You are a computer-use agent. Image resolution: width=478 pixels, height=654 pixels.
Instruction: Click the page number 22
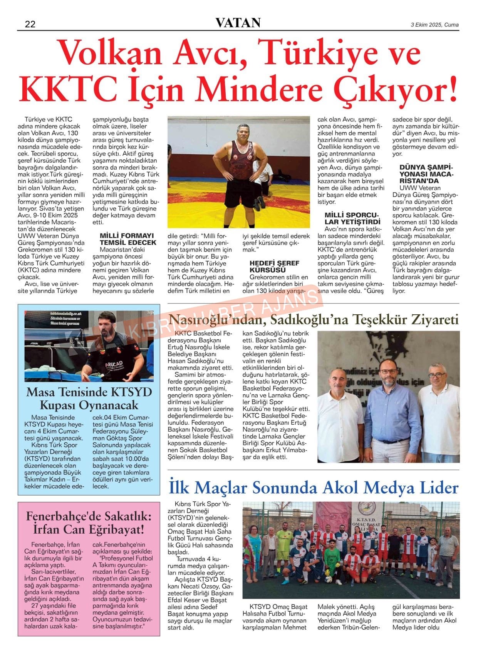click(30, 24)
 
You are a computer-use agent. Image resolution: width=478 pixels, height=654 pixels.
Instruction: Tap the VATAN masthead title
click(238, 23)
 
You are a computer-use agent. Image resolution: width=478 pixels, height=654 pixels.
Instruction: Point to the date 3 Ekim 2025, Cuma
click(434, 25)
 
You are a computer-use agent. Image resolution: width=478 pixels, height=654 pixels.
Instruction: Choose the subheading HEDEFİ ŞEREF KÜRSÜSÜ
click(274, 266)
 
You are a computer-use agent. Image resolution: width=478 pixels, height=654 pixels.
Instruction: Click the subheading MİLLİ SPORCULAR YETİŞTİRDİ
click(352, 218)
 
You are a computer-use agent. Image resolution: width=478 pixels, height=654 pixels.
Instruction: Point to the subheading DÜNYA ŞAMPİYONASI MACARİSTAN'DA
click(426, 174)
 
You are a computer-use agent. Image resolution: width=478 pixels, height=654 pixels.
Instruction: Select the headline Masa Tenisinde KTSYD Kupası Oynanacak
click(89, 399)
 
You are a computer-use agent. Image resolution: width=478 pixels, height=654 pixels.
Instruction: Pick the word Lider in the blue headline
click(437, 488)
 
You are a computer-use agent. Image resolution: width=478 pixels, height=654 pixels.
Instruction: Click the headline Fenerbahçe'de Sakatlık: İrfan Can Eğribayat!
click(89, 522)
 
